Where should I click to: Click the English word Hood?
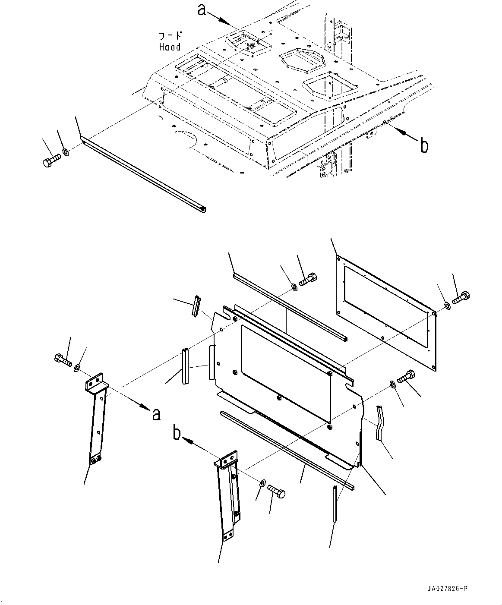(170, 47)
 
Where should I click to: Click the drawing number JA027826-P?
(447, 589)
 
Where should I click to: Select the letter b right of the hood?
(424, 146)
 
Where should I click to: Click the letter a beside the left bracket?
(156, 414)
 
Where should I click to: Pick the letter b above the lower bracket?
(177, 433)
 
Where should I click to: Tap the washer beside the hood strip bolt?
(65, 151)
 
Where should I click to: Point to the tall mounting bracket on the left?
(97, 419)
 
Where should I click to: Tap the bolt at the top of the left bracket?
(63, 359)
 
